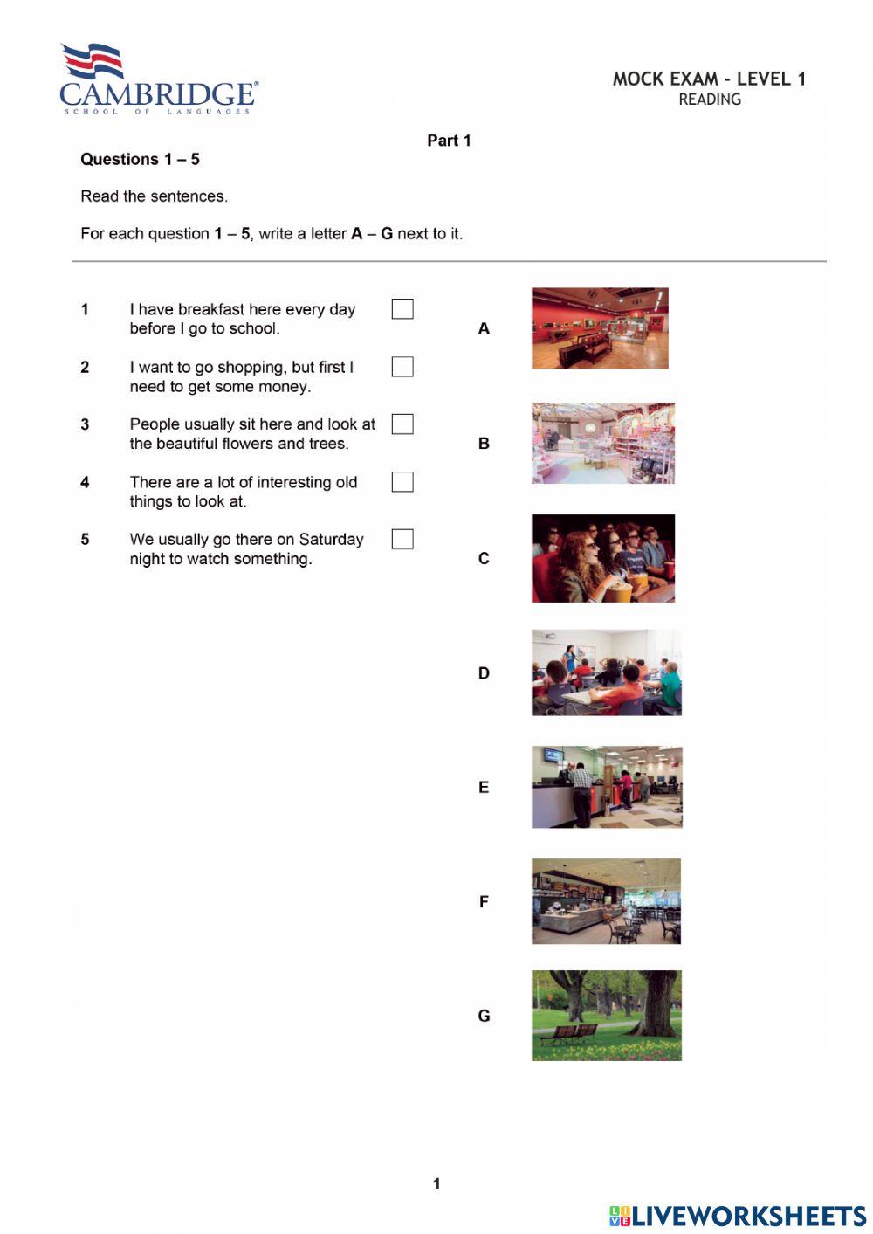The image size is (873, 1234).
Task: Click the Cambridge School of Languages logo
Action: (x=158, y=79)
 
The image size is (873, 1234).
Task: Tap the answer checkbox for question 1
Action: (x=402, y=309)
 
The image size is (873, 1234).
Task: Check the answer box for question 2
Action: (x=402, y=367)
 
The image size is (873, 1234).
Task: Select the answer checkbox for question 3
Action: (x=402, y=424)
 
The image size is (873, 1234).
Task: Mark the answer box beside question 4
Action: (x=402, y=482)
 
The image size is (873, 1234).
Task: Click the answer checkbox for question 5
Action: (x=402, y=540)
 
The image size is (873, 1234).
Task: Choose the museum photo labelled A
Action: (x=600, y=328)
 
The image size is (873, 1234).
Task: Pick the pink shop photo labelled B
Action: (x=603, y=444)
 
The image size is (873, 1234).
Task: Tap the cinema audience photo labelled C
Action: (x=603, y=558)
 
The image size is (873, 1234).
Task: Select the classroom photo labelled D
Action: (x=607, y=672)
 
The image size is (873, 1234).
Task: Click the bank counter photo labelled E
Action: (x=607, y=787)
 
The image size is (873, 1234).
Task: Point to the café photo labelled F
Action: (x=606, y=901)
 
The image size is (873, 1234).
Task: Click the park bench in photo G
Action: (x=568, y=1034)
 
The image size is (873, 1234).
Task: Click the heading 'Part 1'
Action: (x=449, y=141)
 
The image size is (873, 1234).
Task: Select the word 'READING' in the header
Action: (x=710, y=100)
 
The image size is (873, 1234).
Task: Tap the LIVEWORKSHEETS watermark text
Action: (x=748, y=1216)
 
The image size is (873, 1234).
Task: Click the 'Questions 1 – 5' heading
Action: (x=140, y=159)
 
